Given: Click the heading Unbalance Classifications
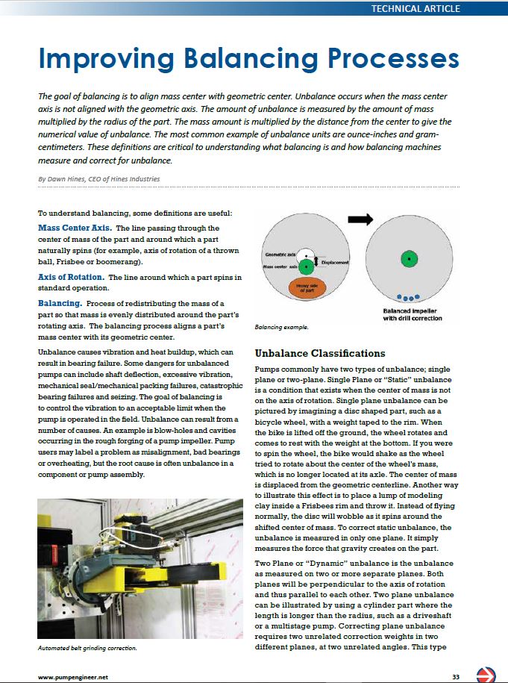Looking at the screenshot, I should point(320,353).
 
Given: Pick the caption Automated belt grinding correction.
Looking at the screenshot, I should point(87,649).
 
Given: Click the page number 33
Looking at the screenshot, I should point(455,676).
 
